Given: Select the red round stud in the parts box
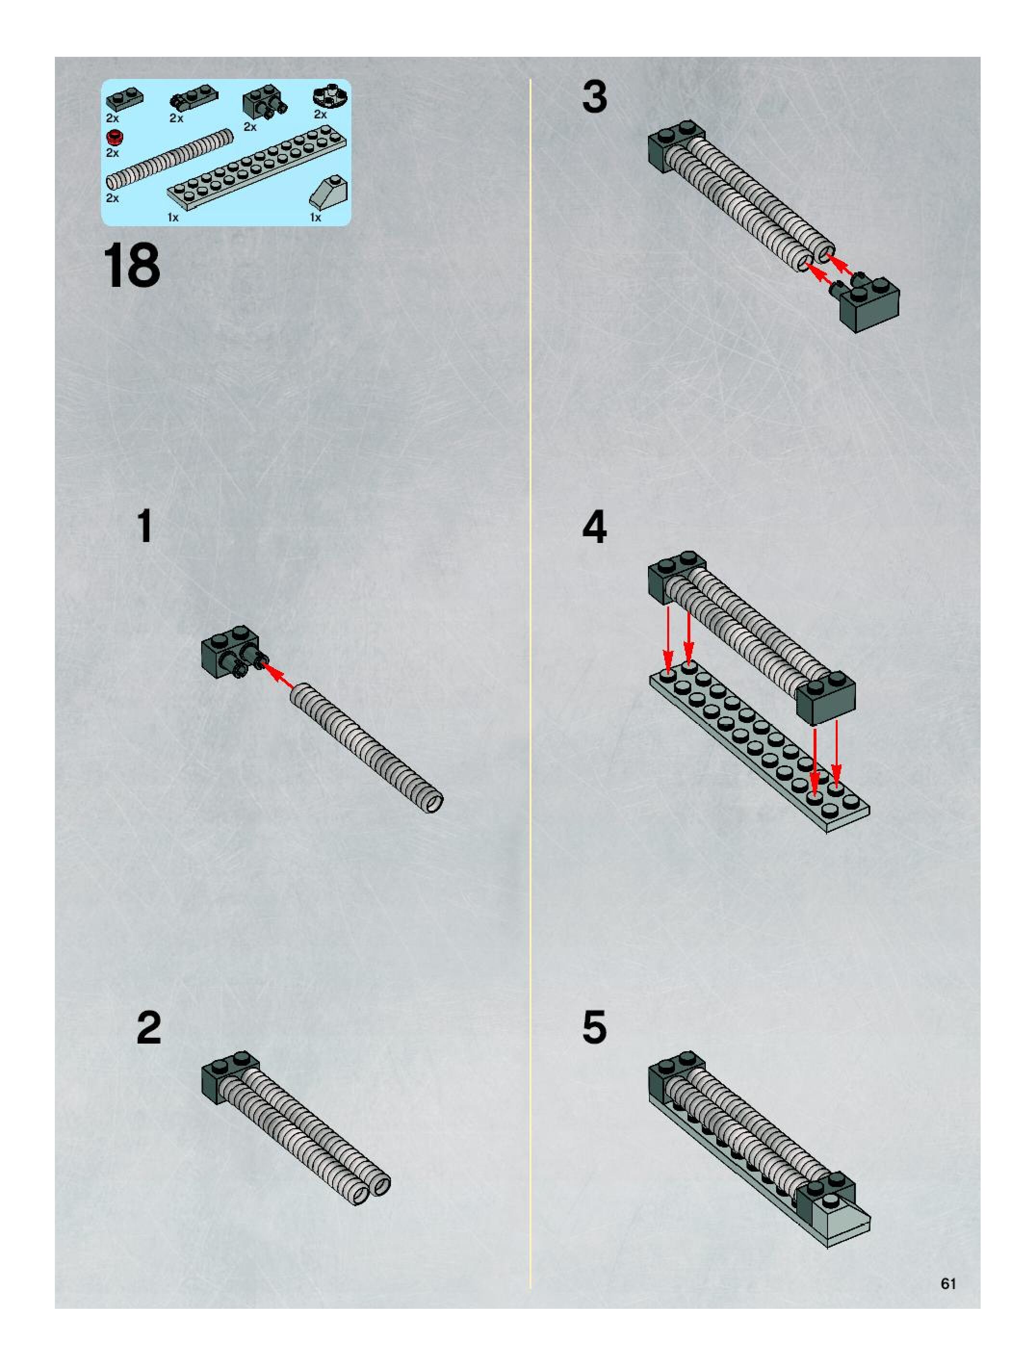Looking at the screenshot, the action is click(113, 137).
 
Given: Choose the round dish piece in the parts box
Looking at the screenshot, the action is click(330, 95).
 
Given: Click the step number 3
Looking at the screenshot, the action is click(595, 97).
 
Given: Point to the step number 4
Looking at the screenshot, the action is click(595, 527).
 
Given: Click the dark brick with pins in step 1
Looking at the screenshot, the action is click(228, 649).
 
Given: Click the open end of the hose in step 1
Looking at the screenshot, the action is click(434, 803).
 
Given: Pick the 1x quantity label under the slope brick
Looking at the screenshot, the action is click(315, 218).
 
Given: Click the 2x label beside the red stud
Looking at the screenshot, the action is click(112, 153).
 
